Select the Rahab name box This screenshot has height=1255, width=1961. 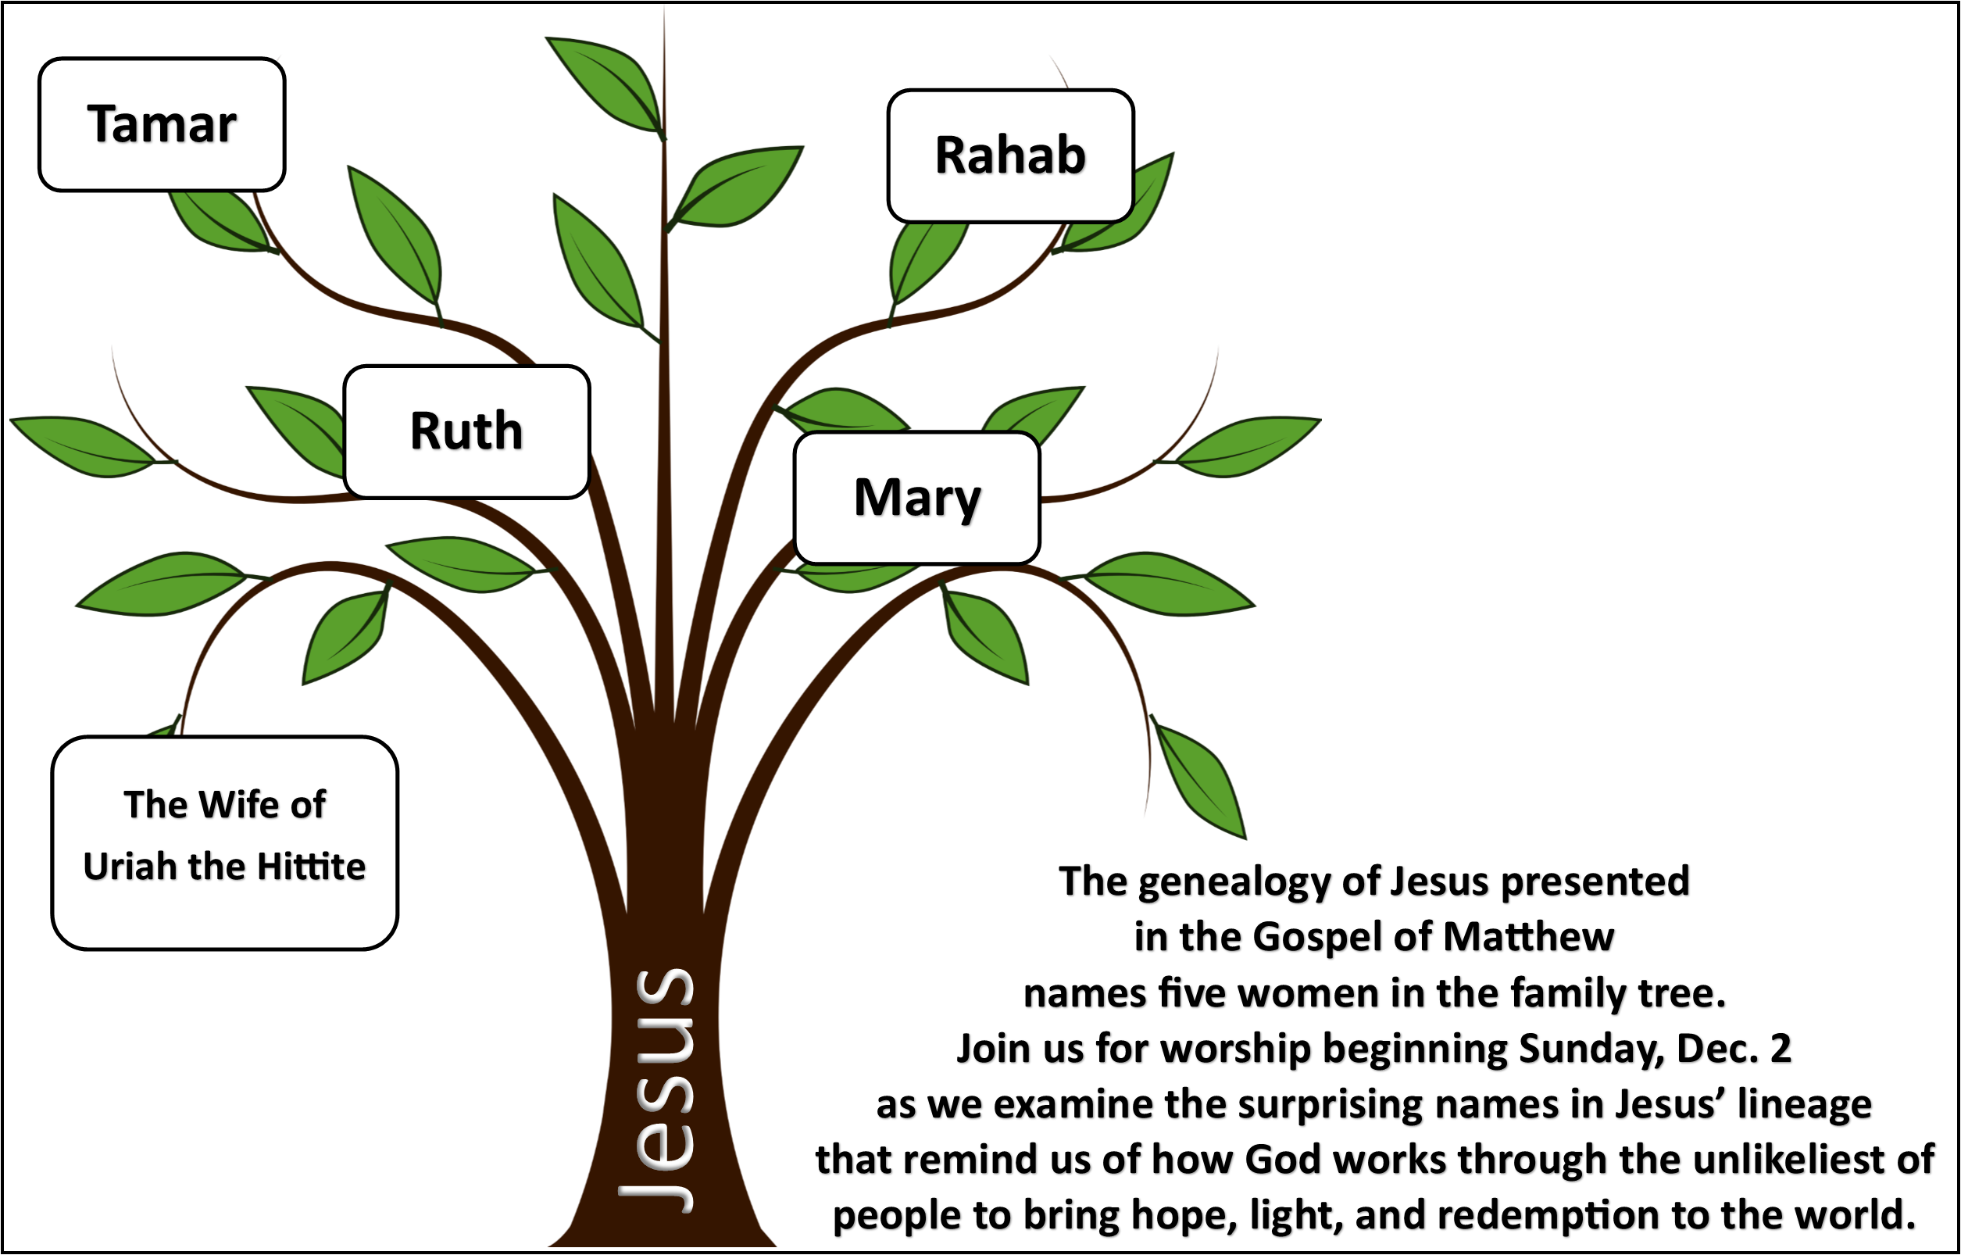coord(1010,156)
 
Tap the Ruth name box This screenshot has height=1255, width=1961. coord(467,431)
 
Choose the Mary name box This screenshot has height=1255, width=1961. coord(917,497)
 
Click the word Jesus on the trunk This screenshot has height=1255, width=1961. coord(656,1091)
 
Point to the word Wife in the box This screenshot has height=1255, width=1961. coord(239,805)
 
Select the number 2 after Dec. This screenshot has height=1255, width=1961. coord(1781,1049)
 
